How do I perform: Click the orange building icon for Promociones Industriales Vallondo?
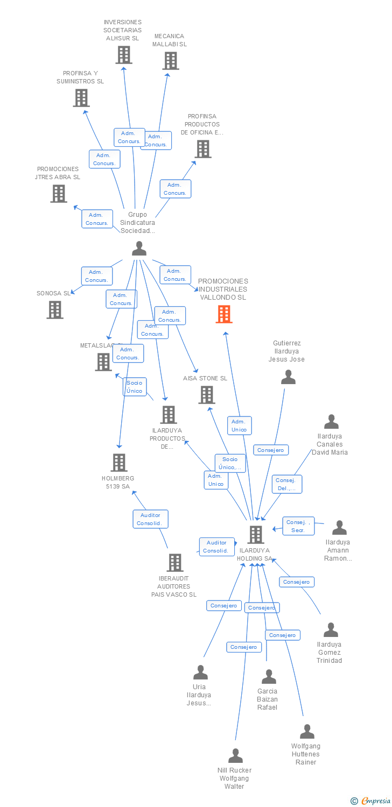click(x=224, y=314)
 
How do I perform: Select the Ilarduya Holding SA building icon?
click(x=256, y=535)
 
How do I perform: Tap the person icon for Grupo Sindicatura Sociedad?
click(x=139, y=249)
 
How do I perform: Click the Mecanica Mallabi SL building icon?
click(x=171, y=61)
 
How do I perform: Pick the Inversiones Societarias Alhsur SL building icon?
click(x=124, y=55)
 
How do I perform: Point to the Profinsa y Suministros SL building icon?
click(x=81, y=98)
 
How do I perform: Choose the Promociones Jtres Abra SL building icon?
click(x=59, y=194)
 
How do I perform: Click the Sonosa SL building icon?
click(x=55, y=310)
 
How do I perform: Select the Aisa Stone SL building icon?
click(x=207, y=395)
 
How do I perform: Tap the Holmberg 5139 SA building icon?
click(x=119, y=463)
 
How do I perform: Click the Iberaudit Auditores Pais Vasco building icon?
click(x=175, y=563)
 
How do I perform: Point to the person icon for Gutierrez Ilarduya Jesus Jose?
click(x=289, y=377)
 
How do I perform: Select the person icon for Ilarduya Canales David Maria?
click(x=332, y=422)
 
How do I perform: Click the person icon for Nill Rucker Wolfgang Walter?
click(x=235, y=756)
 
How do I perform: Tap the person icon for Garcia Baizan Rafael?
click(x=269, y=677)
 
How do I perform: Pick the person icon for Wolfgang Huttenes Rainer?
click(x=307, y=732)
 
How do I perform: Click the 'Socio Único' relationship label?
click(x=135, y=387)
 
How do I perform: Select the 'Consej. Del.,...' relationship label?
click(x=287, y=484)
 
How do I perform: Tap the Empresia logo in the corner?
click(x=371, y=801)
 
